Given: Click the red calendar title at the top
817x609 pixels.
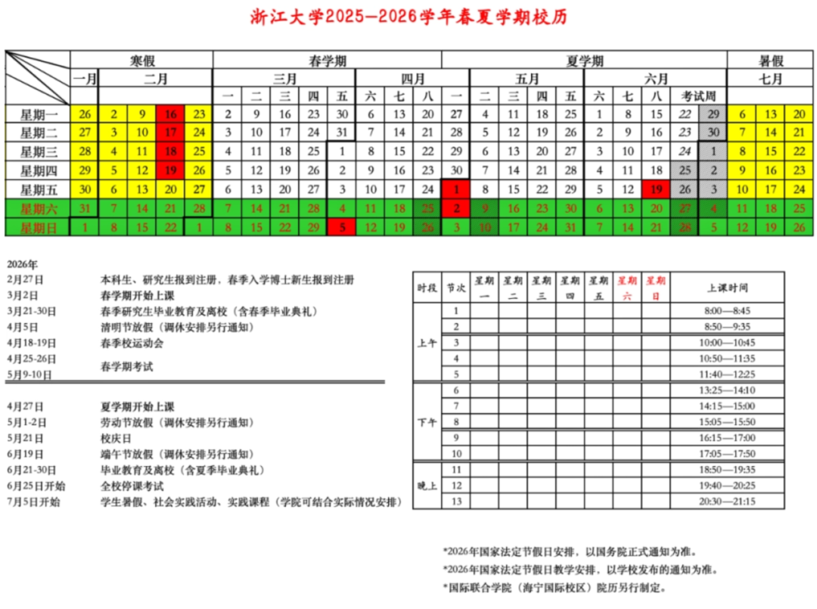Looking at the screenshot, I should pyautogui.click(x=408, y=17).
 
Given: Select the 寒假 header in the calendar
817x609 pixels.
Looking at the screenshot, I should pyautogui.click(x=141, y=61).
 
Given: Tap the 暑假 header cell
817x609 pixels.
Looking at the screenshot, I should pyautogui.click(x=770, y=61).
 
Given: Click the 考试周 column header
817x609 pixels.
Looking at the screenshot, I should pyautogui.click(x=699, y=96).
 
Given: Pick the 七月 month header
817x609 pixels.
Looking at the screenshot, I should pyautogui.click(x=770, y=79).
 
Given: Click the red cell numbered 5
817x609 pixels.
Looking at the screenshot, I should pyautogui.click(x=342, y=226).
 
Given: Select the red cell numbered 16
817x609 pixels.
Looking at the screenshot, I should pyautogui.click(x=170, y=115).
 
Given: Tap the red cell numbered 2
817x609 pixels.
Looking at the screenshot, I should pyautogui.click(x=456, y=208).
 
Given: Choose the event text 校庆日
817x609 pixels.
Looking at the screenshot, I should pyautogui.click(x=114, y=438).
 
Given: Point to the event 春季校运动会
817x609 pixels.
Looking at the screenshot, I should pyautogui.click(x=132, y=343).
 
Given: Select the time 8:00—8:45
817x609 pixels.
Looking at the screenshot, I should pyautogui.click(x=726, y=311).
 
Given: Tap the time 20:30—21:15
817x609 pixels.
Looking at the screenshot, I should pyautogui.click(x=726, y=501).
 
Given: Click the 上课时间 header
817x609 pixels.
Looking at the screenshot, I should pyautogui.click(x=726, y=287).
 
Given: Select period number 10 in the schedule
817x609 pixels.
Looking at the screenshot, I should pyautogui.click(x=456, y=453).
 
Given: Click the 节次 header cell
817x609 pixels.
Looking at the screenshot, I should pyautogui.click(x=456, y=287).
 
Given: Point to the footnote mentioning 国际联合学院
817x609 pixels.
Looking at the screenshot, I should pyautogui.click(x=556, y=587).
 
